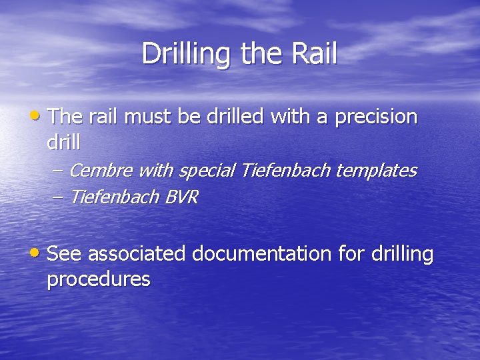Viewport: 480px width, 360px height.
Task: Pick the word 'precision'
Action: tap(376, 118)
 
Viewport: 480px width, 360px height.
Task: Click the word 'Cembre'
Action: tap(101, 171)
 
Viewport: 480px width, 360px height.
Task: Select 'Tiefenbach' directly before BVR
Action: tap(114, 197)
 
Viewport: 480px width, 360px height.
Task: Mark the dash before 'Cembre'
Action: tap(57, 171)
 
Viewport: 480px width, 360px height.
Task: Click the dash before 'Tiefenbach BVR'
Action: tap(57, 197)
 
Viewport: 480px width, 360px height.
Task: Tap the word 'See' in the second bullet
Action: tap(65, 254)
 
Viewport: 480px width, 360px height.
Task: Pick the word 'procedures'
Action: tap(99, 279)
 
